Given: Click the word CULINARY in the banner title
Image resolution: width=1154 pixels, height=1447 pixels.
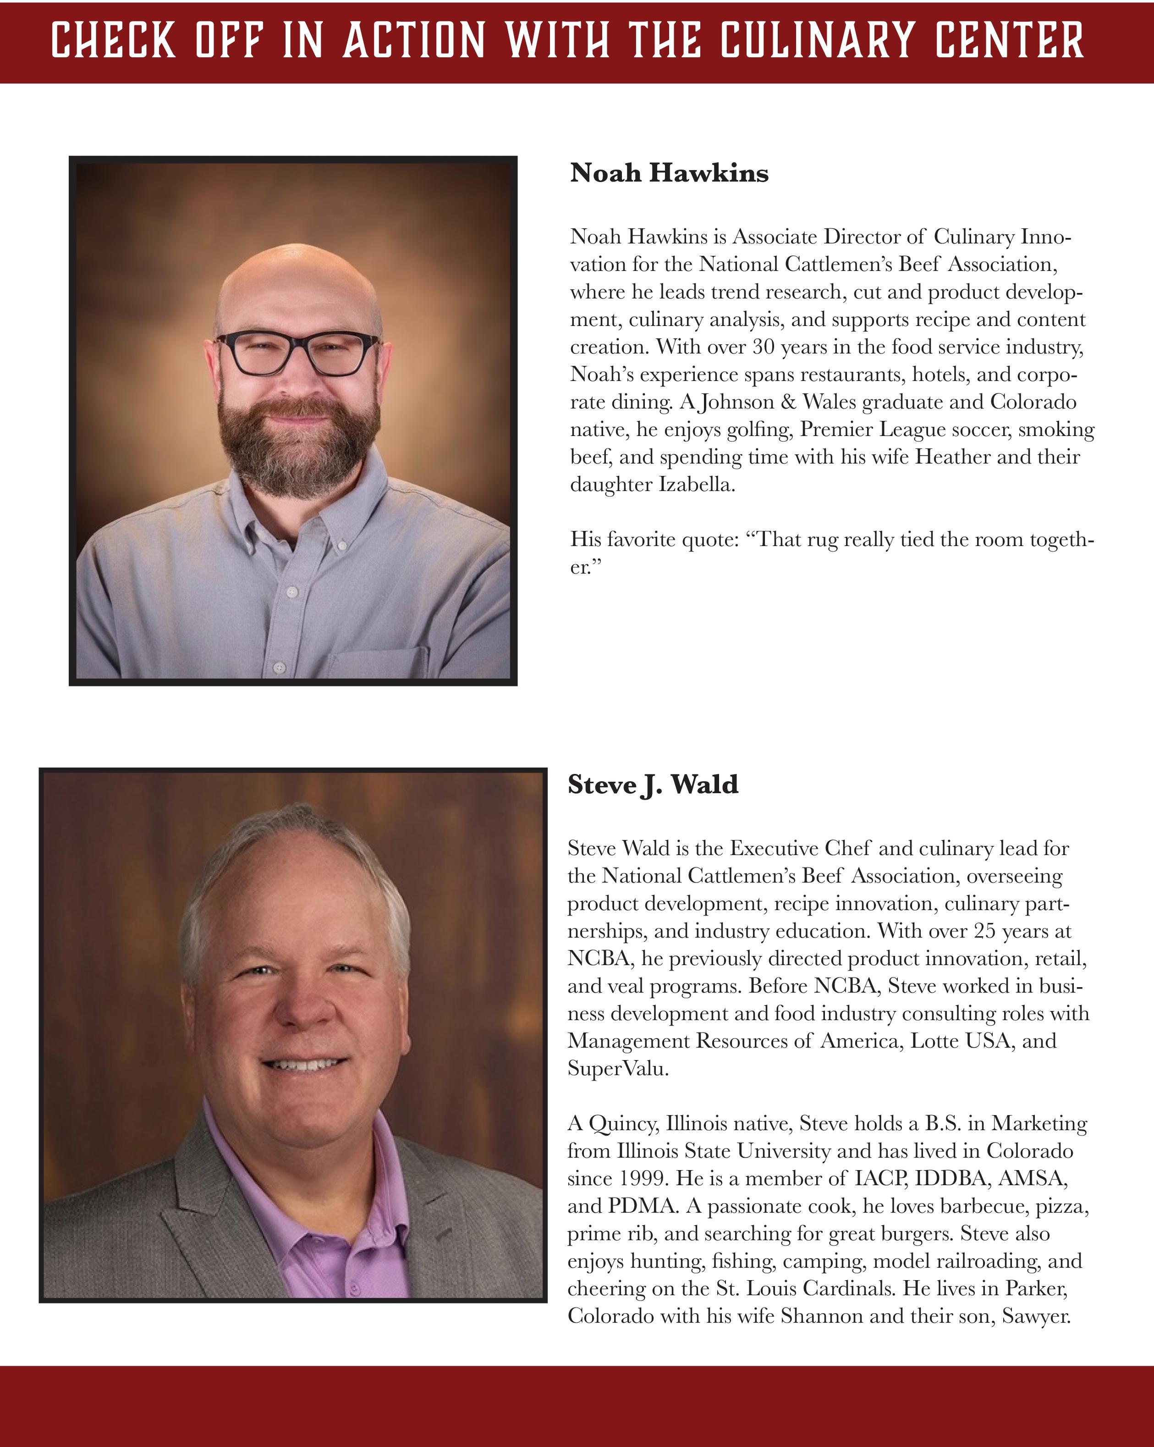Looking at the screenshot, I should coord(817,40).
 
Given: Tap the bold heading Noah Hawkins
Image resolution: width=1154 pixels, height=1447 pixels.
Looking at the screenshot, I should coord(669,173).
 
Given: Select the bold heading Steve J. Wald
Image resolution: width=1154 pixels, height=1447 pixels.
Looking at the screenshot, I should coord(652,784).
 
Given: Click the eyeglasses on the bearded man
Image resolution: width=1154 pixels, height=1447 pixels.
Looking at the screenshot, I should coord(297,353).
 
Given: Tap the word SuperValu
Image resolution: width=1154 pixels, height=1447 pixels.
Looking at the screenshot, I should coord(617,1068).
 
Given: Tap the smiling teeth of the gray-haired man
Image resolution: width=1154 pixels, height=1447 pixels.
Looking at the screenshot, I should coord(305,1065).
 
